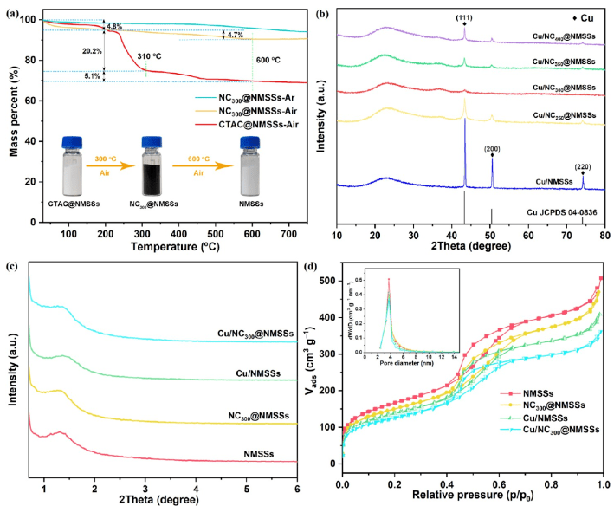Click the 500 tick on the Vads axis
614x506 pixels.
[328, 281]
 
